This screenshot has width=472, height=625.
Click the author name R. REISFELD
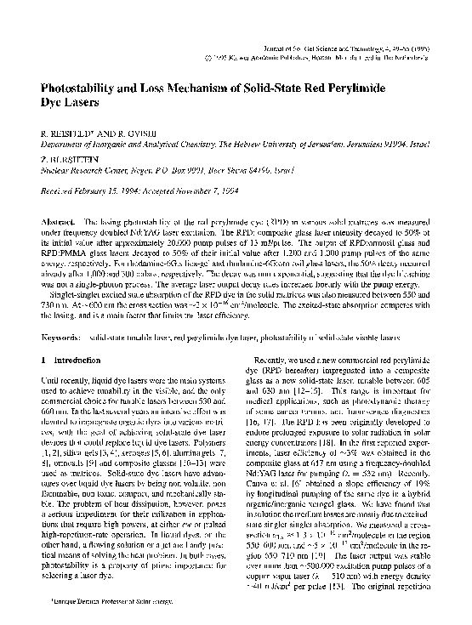pyautogui.click(x=68, y=134)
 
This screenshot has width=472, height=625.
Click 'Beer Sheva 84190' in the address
pyautogui.click(x=228, y=169)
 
